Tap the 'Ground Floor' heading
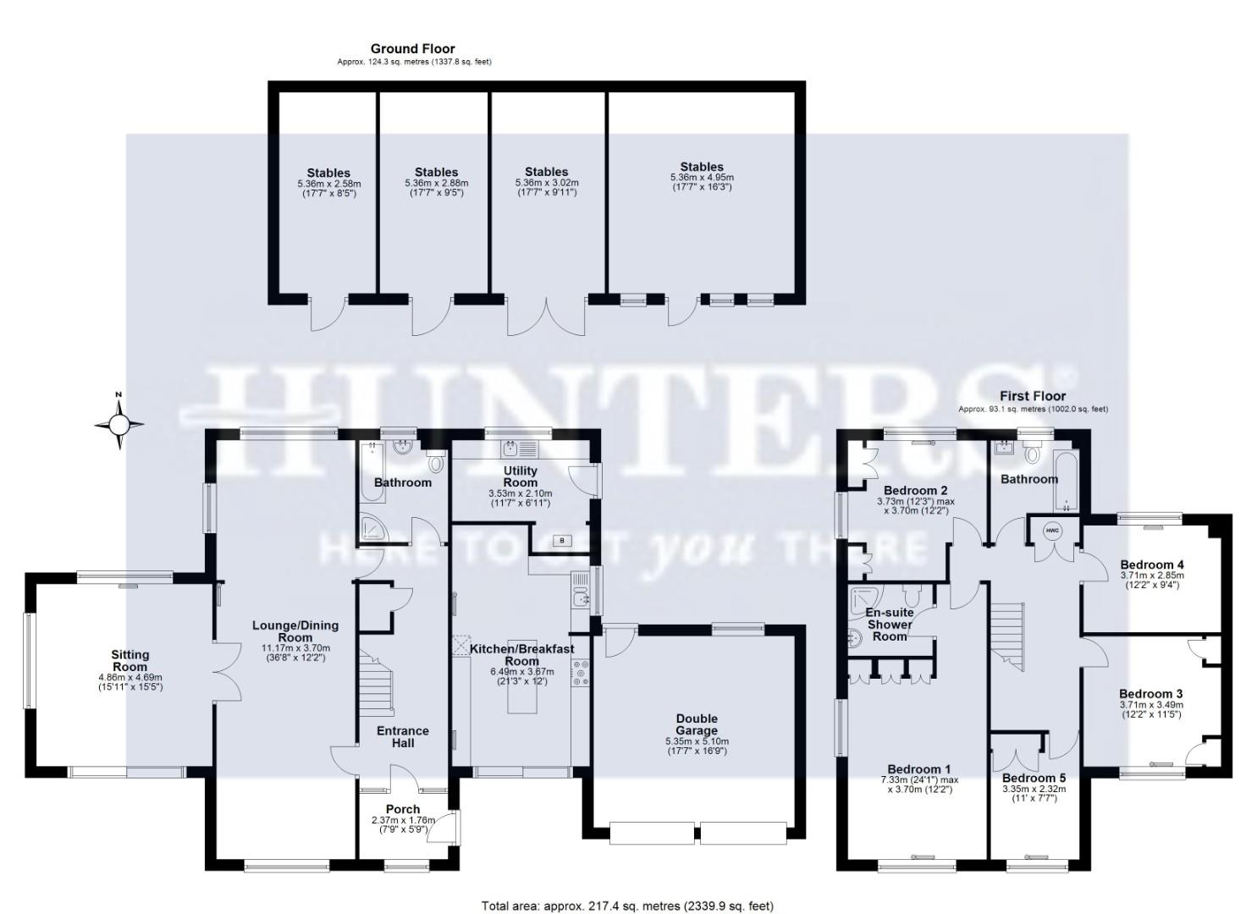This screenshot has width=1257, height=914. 413,49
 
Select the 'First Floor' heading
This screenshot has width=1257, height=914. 1033,396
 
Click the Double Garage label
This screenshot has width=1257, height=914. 697,724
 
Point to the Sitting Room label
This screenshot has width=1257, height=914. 130,660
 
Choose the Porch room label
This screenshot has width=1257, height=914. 403,809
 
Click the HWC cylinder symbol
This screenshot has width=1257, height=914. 1052,531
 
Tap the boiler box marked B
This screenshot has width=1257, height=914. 560,540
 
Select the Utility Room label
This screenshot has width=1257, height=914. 521,476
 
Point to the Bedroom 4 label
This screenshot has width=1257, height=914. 1151,564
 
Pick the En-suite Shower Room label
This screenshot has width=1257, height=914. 890,624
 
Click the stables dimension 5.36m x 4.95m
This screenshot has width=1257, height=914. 702,177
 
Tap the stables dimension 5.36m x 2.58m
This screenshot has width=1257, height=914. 328,183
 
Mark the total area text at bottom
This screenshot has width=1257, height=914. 627,906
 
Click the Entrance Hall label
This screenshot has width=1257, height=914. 403,736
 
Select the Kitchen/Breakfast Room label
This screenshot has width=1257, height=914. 522,655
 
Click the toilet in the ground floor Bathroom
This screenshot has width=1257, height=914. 436,462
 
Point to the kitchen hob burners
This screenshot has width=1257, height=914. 582,672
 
